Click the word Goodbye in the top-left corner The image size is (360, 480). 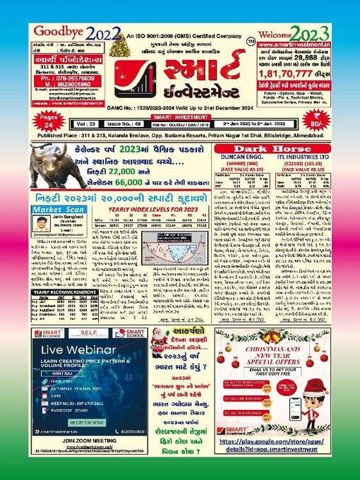click(x=56, y=32)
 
